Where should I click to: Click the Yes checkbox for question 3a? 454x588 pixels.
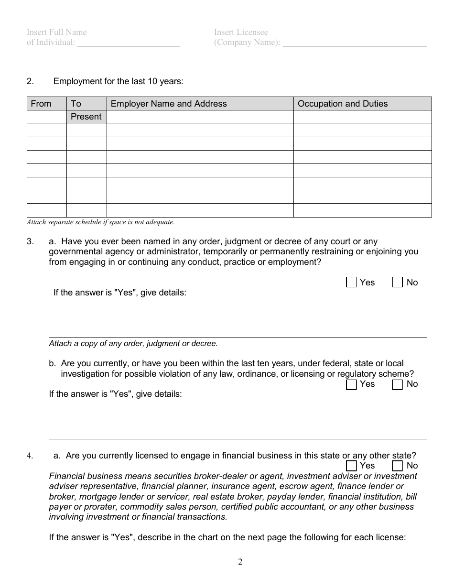point(351,283)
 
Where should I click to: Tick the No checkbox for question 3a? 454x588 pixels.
point(398,283)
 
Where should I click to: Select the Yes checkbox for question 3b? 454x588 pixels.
point(351,385)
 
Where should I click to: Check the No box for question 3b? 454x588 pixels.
point(398,385)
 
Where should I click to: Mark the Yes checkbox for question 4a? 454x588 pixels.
point(351,466)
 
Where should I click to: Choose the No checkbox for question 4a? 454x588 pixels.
point(398,466)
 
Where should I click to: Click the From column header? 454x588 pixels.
point(41,104)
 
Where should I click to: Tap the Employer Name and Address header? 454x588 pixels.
point(169,104)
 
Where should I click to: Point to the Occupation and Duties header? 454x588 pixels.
point(343,104)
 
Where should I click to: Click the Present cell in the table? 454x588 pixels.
point(86,117)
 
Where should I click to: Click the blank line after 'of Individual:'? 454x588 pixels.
point(129,43)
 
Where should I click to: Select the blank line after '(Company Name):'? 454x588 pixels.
point(355,43)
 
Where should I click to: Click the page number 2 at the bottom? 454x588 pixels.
point(240,562)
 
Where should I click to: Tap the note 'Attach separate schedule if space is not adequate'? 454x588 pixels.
point(100,222)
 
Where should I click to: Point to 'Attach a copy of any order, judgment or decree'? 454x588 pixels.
point(133,343)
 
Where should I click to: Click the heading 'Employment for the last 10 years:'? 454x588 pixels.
point(118,81)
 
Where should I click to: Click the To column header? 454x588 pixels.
point(76,104)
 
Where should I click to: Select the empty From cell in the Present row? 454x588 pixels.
point(46,117)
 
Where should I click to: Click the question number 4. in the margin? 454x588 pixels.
point(30,456)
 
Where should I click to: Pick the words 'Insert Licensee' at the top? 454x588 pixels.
point(241,32)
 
